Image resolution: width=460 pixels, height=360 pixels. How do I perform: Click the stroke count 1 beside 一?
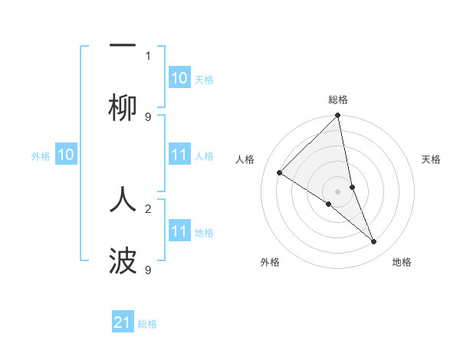click(148, 55)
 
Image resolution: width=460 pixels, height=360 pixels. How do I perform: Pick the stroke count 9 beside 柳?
click(148, 116)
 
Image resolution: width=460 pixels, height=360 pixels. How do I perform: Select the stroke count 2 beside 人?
click(148, 208)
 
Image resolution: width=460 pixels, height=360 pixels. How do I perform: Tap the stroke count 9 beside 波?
click(148, 270)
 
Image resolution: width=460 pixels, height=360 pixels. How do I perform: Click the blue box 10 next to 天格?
click(179, 78)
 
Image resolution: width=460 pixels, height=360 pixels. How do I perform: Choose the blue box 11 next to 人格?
click(179, 155)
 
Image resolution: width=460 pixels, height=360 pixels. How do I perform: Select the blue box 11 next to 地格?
click(179, 231)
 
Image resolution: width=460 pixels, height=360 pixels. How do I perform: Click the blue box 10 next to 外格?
click(66, 155)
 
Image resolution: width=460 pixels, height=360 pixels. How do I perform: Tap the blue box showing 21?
click(123, 322)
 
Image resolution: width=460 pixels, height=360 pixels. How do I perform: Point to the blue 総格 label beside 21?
click(147, 324)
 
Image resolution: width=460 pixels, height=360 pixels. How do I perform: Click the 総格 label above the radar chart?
click(338, 100)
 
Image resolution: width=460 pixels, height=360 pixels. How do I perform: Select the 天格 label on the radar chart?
click(432, 160)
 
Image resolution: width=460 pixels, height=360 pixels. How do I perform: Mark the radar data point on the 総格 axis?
click(338, 116)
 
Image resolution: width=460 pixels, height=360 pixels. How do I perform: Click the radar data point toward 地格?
click(374, 242)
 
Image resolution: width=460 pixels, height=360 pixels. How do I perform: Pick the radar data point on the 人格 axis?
click(280, 173)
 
